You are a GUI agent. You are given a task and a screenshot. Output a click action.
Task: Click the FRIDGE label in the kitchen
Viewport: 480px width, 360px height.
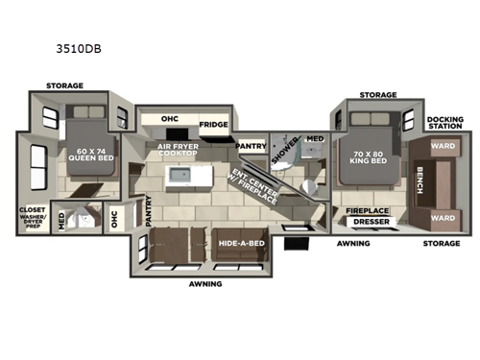(213, 125)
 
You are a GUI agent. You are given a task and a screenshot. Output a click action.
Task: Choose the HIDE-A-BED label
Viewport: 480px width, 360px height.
(241, 245)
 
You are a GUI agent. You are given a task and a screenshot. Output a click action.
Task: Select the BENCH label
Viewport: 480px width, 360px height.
(421, 183)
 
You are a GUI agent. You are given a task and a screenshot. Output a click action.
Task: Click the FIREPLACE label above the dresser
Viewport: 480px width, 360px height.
(366, 208)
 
